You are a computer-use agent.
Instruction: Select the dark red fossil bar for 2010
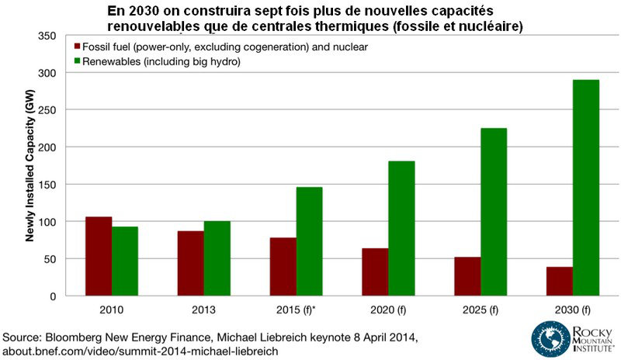[99, 256]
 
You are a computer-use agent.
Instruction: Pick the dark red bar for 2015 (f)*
[283, 267]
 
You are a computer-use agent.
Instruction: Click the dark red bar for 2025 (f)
[467, 276]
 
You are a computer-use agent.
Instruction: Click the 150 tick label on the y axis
[47, 185]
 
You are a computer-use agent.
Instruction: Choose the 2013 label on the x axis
[203, 310]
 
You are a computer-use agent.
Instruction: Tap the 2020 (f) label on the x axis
[388, 310]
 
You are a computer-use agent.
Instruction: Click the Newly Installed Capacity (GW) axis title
[30, 166]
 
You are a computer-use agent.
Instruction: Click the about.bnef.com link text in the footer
[141, 351]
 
